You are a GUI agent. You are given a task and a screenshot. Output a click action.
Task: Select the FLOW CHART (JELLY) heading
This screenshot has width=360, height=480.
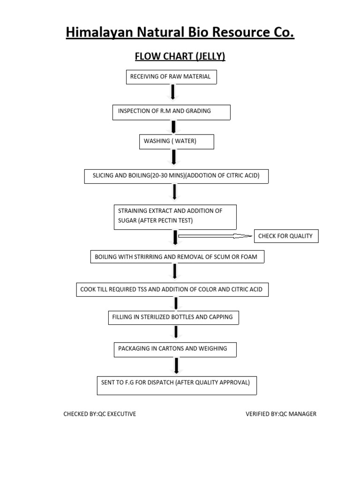[180, 57]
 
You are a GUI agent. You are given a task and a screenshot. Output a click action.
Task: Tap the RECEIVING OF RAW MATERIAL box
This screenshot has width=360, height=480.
[172, 77]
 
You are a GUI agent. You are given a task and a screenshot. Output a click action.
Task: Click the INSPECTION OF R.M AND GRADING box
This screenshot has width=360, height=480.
[171, 112]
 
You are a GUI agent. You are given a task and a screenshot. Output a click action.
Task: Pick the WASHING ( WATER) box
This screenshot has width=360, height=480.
[176, 142]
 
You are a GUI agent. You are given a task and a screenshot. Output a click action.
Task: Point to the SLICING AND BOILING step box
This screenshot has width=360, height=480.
[176, 176]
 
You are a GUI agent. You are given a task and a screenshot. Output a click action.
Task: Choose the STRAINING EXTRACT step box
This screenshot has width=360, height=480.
[175, 216]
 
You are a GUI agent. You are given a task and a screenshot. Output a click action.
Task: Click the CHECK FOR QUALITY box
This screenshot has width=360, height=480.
[285, 236]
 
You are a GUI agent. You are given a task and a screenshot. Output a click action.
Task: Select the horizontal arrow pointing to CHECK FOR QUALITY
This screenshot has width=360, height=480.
[215, 236]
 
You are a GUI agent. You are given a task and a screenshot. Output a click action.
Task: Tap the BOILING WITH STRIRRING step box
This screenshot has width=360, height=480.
[177, 257]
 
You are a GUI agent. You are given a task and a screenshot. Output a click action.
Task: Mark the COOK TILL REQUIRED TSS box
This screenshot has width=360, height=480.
[172, 290]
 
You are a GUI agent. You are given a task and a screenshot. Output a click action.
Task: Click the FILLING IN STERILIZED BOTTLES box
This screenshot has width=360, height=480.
[173, 317]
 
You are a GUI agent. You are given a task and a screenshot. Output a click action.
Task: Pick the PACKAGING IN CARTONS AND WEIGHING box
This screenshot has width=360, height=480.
[175, 349]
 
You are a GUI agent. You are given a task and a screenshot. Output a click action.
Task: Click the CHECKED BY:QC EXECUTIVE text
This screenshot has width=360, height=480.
[100, 414]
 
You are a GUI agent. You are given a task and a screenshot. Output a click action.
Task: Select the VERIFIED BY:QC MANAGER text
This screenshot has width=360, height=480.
[281, 414]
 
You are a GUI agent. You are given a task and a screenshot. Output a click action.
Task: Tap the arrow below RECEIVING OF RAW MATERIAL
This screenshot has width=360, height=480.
[172, 92]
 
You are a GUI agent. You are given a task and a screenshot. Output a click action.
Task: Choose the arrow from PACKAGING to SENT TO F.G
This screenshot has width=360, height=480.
[176, 365]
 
